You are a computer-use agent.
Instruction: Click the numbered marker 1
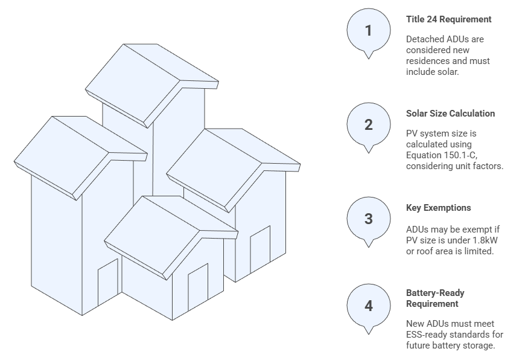[368, 31]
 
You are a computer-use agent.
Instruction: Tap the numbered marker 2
[368, 125]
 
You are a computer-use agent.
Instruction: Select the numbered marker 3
[368, 219]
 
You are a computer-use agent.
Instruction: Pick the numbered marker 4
[368, 306]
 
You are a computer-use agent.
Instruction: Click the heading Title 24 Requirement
[448, 19]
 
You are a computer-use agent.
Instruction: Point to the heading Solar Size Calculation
[450, 114]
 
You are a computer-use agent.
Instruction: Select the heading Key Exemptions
[439, 208]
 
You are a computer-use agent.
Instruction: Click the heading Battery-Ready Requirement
[435, 298]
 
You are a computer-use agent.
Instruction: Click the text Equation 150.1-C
[441, 155]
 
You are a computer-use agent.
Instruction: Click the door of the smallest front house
[198, 287]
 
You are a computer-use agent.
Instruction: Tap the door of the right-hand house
[260, 249]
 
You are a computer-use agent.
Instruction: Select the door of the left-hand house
[107, 282]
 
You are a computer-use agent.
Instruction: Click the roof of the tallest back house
[152, 85]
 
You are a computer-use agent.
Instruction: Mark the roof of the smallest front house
[171, 237]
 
